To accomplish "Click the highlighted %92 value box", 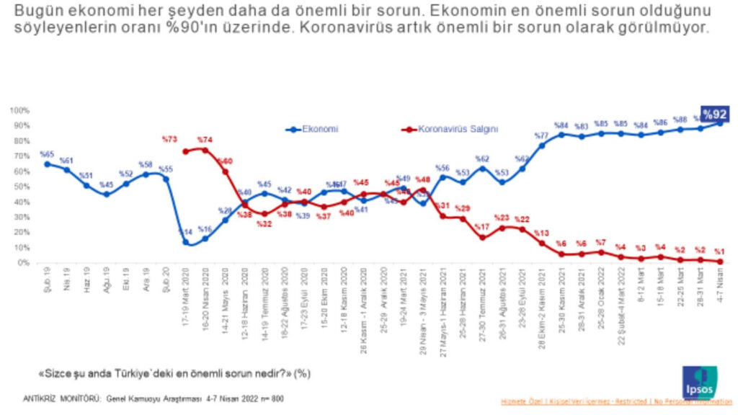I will pyautogui.click(x=715, y=114).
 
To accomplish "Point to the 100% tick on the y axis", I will pyautogui.click(x=19, y=110).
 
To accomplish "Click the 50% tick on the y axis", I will pyautogui.click(x=21, y=187).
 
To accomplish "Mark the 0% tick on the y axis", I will pyautogui.click(x=23, y=262).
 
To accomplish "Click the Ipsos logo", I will pyautogui.click(x=699, y=382).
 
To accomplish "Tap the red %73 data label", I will pyautogui.click(x=170, y=139).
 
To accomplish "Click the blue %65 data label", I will pyautogui.click(x=47, y=154).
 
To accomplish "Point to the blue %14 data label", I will pyautogui.click(x=184, y=232).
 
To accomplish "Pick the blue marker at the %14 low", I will pyautogui.click(x=186, y=242).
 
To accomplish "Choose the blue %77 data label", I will pyautogui.click(x=541, y=135).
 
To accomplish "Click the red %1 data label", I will pyautogui.click(x=719, y=251).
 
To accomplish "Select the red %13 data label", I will pyautogui.click(x=541, y=233).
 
